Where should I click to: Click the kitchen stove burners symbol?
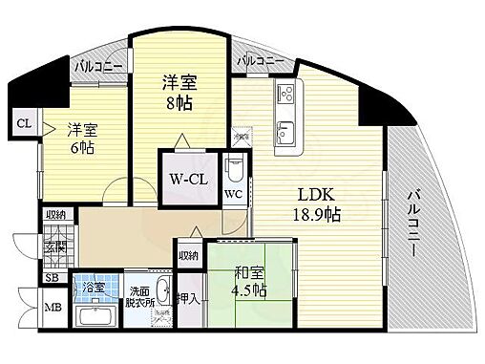click(285, 95)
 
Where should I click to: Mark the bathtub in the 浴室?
click(95, 319)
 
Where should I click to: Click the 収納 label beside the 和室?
click(188, 255)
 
